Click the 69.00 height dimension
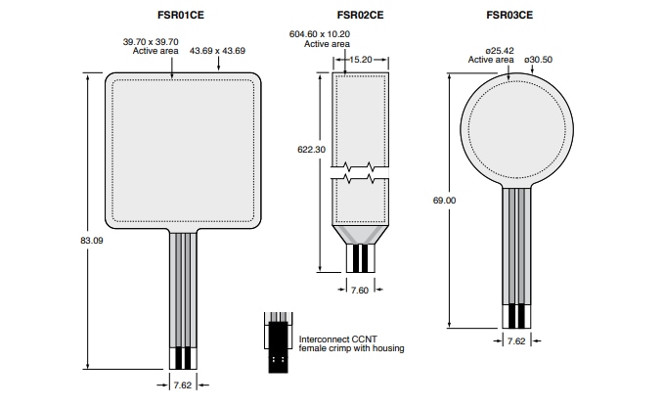click(444, 201)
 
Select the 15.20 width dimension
click(359, 59)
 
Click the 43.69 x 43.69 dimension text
click(217, 50)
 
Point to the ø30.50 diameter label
click(539, 59)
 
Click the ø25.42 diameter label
click(491, 51)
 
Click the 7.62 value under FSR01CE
click(183, 385)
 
